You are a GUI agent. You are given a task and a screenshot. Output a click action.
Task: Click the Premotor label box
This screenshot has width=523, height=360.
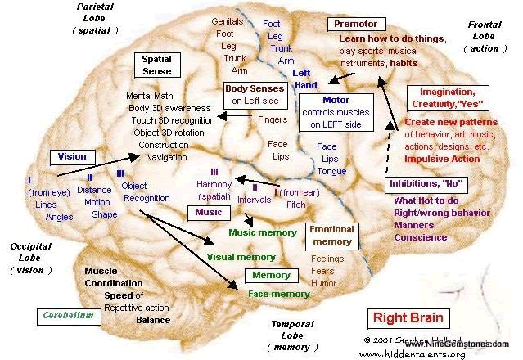[356, 25]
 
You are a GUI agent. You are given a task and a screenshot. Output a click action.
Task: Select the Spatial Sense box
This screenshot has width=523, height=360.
[156, 65]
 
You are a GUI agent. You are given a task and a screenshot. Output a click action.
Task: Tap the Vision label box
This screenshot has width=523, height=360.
[73, 155]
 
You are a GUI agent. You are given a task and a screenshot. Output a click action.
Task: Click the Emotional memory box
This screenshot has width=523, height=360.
[331, 236]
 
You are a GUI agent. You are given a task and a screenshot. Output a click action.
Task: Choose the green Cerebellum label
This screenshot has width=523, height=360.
[68, 315]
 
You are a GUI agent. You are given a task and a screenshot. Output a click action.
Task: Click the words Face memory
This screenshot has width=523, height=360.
[278, 294]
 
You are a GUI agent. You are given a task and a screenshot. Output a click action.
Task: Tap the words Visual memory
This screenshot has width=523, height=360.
[241, 257]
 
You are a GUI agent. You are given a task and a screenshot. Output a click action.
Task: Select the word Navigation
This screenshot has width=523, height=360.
[166, 156]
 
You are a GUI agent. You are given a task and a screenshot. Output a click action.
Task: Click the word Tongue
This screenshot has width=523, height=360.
[331, 171]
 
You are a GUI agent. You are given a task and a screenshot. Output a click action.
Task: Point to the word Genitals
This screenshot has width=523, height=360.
[227, 21]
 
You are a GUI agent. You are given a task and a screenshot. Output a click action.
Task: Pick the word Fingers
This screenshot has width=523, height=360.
[273, 119]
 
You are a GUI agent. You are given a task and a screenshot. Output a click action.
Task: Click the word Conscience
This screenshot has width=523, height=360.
[421, 237]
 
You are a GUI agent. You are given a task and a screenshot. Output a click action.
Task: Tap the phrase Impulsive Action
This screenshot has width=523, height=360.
[443, 159]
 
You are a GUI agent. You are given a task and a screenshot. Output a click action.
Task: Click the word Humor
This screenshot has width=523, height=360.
[324, 283]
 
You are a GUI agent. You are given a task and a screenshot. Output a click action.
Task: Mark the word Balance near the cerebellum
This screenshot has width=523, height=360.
[153, 320]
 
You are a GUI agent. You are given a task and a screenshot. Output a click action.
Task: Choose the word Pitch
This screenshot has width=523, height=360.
[296, 205]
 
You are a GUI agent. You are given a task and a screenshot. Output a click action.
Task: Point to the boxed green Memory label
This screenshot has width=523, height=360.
[271, 276]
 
